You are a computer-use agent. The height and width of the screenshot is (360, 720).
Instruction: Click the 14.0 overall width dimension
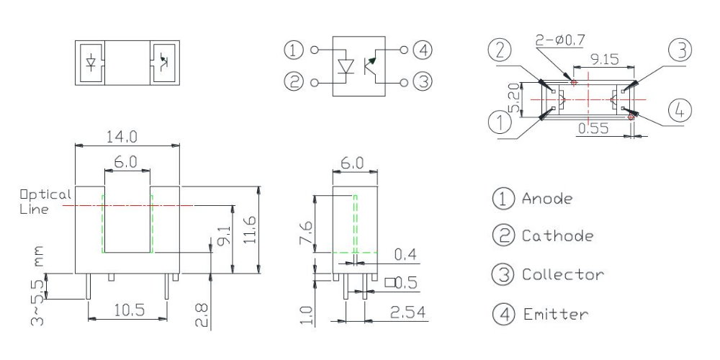122,136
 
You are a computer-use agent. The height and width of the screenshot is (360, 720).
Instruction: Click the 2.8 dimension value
202,314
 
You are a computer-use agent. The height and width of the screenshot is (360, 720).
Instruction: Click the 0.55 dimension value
593,128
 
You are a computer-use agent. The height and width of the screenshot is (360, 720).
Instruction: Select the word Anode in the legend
547,199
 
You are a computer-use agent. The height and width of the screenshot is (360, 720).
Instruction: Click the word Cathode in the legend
557,235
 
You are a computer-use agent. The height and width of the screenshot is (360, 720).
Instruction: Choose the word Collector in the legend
562,274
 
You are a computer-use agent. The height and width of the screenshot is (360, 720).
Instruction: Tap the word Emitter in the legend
554,314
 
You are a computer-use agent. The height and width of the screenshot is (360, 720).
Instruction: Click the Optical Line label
45,202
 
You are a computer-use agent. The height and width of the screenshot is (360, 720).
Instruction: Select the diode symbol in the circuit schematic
346,67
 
